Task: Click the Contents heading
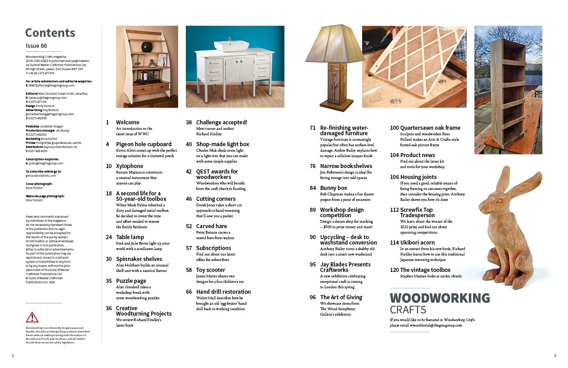point(50,33)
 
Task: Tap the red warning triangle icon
point(32,317)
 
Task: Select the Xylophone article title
point(129,166)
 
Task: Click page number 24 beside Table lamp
point(109,237)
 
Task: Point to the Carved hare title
point(211,226)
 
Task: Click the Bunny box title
point(333,188)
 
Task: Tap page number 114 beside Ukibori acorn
point(394,243)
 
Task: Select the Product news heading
point(418,155)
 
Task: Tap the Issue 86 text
point(36,46)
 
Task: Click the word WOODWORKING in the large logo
point(440,298)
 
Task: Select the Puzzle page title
point(131,281)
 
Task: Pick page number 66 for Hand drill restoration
point(189,292)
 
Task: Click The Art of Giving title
point(341,297)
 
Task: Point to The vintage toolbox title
point(425,270)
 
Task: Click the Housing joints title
point(418,177)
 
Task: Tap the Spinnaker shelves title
point(139,259)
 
